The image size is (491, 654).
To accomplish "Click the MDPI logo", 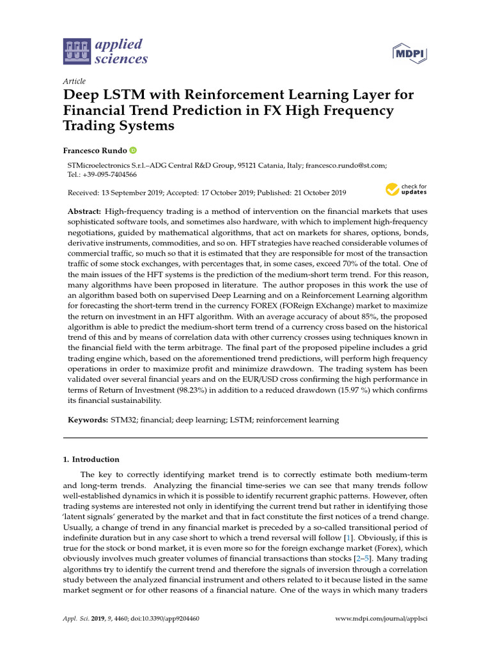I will tap(409, 52).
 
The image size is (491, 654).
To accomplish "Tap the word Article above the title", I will tap(74, 81).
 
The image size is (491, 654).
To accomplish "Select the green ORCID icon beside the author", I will tap(133, 150).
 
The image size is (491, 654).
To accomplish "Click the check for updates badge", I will tap(405, 190).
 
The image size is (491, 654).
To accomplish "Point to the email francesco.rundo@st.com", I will tap(345, 165).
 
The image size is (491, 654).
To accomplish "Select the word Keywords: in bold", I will tap(88, 420).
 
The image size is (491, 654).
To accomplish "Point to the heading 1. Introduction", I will tap(91, 459).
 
